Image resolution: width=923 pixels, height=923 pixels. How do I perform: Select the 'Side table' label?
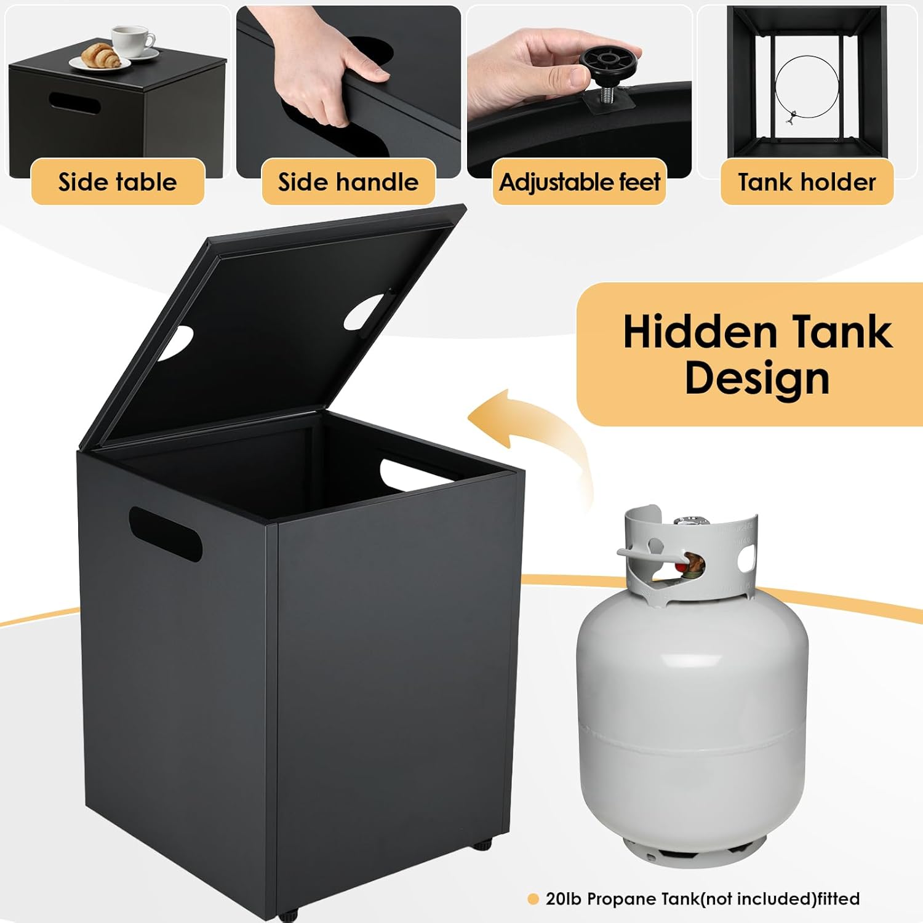click(x=118, y=182)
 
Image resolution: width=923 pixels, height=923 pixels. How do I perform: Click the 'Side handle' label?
click(x=348, y=182)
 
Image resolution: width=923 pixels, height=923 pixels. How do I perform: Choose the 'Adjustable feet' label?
click(x=579, y=182)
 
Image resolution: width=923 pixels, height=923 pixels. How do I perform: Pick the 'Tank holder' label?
click(x=807, y=182)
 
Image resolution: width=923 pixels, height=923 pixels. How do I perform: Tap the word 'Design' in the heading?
click(x=757, y=378)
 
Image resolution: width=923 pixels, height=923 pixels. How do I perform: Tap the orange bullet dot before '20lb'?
click(x=533, y=899)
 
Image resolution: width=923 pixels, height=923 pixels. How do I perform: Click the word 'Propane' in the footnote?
click(x=622, y=900)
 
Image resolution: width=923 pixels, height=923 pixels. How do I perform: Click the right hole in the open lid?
click(x=364, y=311)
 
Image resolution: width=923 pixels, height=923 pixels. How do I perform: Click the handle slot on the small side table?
click(x=74, y=103)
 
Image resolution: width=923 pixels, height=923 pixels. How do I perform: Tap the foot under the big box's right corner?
click(x=482, y=845)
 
